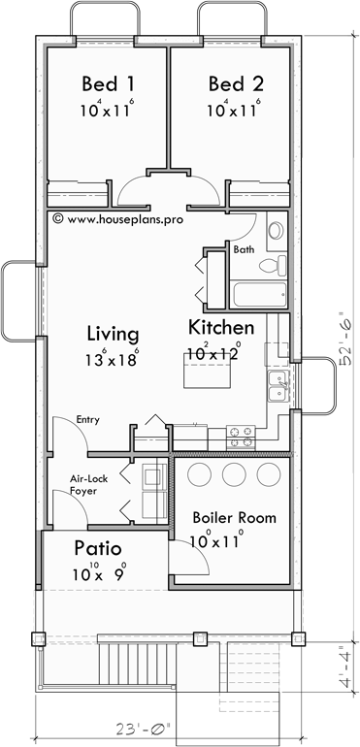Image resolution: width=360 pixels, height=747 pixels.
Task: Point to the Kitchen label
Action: [221, 327]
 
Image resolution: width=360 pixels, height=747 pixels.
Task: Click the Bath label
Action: [245, 250]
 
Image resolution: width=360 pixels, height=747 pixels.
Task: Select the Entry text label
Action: [91, 420]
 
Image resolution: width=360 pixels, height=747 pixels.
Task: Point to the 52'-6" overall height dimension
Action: [345, 338]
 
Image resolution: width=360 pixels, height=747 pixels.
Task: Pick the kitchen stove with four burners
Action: [240, 438]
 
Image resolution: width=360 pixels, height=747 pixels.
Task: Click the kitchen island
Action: [205, 369]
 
